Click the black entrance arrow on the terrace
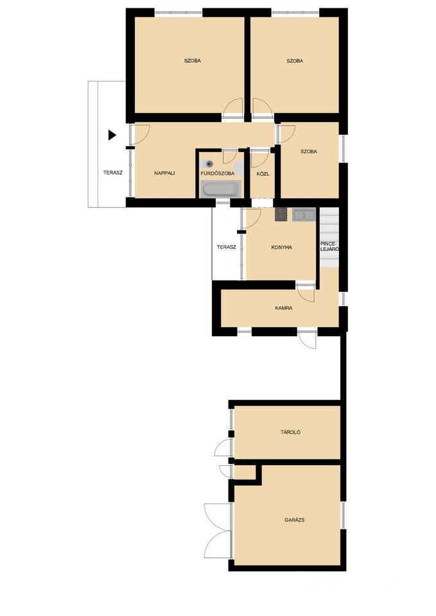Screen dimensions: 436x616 point(112,135)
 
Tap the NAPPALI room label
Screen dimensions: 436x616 point(164,173)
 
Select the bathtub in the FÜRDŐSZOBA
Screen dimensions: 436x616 point(220,189)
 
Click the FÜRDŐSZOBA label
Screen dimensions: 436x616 point(218,173)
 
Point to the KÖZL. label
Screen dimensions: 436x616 point(263,173)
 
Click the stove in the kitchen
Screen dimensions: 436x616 point(281,215)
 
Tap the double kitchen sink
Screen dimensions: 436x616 point(304,215)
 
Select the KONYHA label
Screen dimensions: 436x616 point(281,248)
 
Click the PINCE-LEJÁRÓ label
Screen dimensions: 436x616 point(329,246)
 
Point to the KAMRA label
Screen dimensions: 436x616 point(283,309)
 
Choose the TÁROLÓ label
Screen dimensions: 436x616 point(290,432)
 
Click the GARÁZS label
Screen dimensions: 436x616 point(295,520)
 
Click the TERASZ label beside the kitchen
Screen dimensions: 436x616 point(227,248)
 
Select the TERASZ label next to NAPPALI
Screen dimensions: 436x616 point(113,173)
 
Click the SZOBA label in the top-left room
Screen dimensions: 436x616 point(192,61)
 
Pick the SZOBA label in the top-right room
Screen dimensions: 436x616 point(295,61)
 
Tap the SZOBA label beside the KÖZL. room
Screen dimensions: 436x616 point(309,151)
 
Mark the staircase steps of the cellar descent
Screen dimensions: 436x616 point(329,237)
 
